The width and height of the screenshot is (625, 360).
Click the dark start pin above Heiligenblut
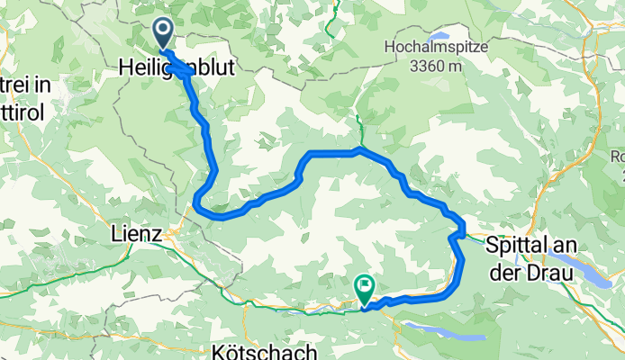[x=163, y=33]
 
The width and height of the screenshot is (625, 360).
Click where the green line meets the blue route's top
[x=358, y=148]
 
